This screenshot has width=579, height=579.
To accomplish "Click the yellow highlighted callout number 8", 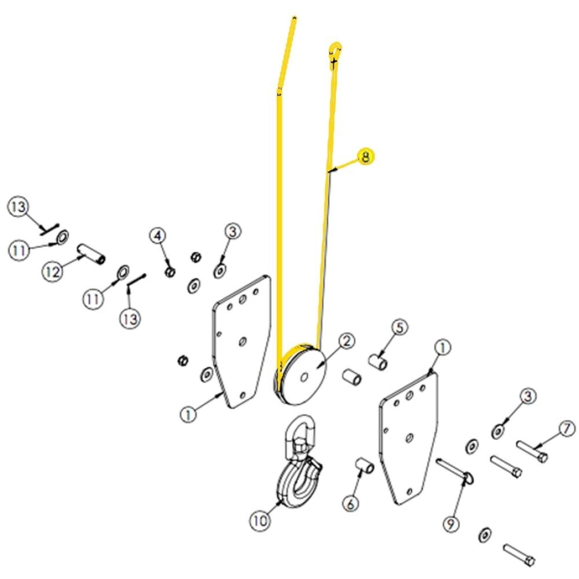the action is [366, 156].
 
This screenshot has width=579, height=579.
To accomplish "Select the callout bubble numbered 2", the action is [346, 341].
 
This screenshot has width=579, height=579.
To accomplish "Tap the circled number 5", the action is [400, 328].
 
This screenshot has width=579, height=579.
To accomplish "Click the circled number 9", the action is [451, 524].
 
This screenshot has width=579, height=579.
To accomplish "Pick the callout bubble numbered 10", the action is [260, 521].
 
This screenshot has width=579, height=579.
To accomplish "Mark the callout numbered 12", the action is [53, 272].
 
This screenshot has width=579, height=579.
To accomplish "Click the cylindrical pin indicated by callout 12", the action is [91, 254].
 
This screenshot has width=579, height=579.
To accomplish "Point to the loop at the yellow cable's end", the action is [336, 52].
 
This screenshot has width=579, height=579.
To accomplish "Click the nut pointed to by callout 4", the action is [170, 272].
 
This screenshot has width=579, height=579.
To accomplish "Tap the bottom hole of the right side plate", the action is [410, 492].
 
